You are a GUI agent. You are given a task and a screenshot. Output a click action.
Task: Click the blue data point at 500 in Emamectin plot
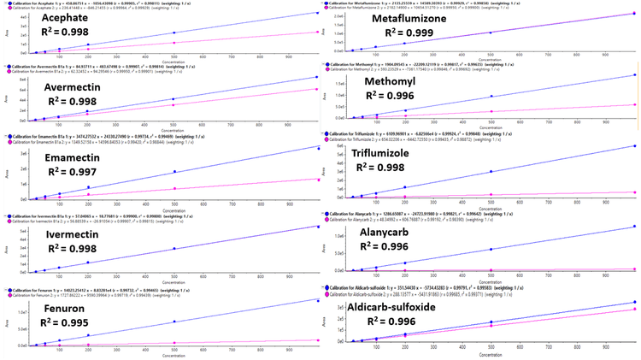pyautogui.click(x=174, y=171)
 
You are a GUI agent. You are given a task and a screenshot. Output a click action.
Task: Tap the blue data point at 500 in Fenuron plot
pyautogui.click(x=174, y=321)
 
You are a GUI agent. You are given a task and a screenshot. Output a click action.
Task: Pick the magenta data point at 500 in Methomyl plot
pyautogui.click(x=491, y=110)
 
